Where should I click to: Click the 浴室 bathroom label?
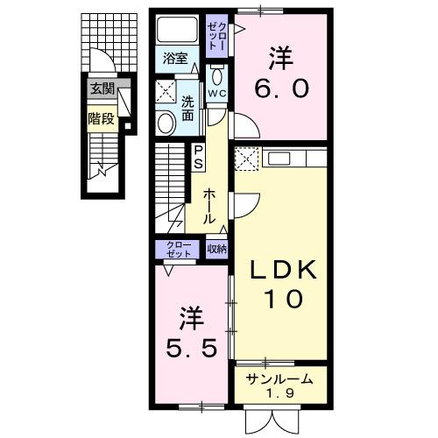pyautogui.click(x=176, y=60)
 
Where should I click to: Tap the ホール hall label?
pyautogui.click(x=210, y=205)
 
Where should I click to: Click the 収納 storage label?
pyautogui.click(x=217, y=249)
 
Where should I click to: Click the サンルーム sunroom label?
pyautogui.click(x=279, y=380)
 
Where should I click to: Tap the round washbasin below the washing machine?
pyautogui.click(x=166, y=122)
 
